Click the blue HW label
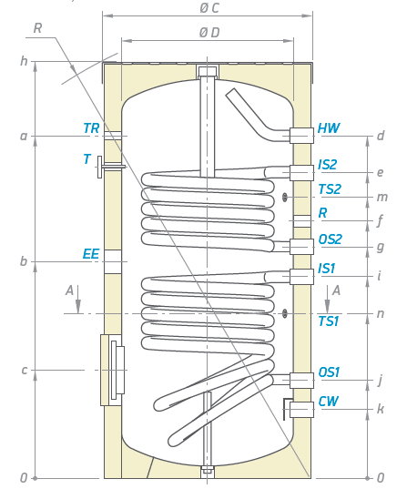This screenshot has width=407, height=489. pyautogui.click(x=329, y=128)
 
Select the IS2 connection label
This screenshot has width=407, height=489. pyautogui.click(x=328, y=165)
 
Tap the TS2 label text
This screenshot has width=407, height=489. pyautogui.click(x=330, y=189)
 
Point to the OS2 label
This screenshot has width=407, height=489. pyautogui.click(x=331, y=239)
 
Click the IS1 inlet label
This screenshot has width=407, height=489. pyautogui.click(x=327, y=269)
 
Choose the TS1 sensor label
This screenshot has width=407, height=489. pyautogui.click(x=329, y=321)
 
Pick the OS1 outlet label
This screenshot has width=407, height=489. pyautogui.click(x=329, y=372)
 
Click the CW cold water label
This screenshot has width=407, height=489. pyautogui.click(x=328, y=402)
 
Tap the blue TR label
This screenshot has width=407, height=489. pyautogui.click(x=91, y=128)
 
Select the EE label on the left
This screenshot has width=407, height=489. pyautogui.click(x=91, y=254)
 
